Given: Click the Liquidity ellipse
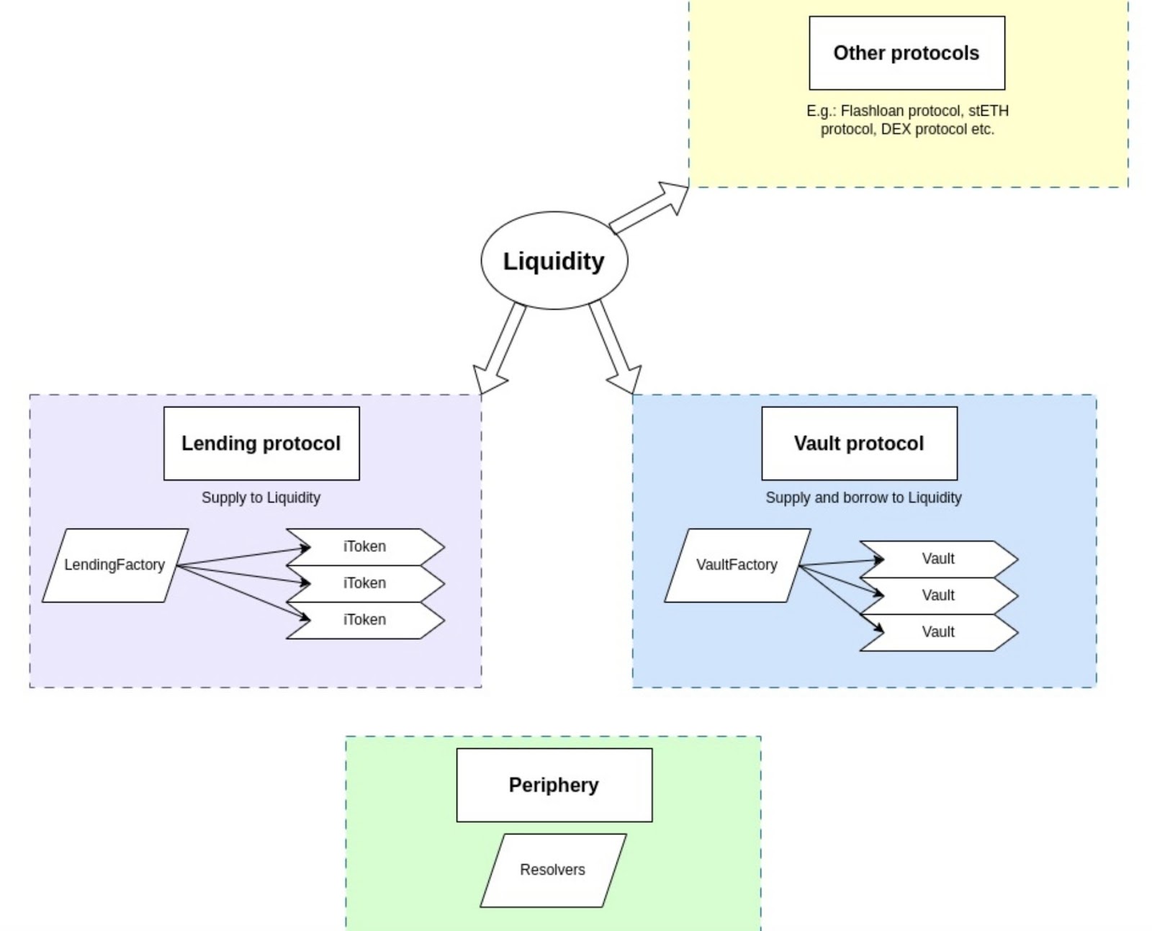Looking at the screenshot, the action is (x=554, y=260).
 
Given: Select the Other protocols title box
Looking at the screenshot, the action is (x=906, y=53).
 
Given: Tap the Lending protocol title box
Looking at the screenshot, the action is (x=261, y=443).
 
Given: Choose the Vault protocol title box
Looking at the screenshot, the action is (x=859, y=443).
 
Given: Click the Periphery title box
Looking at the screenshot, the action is (x=554, y=785).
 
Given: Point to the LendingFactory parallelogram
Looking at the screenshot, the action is (x=115, y=565).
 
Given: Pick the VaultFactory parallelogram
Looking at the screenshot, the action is (x=737, y=565).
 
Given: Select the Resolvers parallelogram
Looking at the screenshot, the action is (x=553, y=870).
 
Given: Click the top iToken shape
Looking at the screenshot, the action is (x=365, y=547).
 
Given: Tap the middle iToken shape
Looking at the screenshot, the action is (x=365, y=584).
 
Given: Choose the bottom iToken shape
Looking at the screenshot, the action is (x=365, y=620).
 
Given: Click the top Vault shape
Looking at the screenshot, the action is (x=939, y=559).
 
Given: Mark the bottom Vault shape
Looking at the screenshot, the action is (x=939, y=632).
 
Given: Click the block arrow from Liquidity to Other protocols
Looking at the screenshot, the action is (x=649, y=207).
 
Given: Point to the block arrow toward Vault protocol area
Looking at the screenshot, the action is (x=616, y=347).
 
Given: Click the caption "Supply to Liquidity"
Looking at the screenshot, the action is (x=261, y=497).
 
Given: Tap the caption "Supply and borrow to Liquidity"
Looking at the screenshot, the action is (x=863, y=497).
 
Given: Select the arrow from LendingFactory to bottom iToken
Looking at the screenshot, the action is (x=243, y=593).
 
